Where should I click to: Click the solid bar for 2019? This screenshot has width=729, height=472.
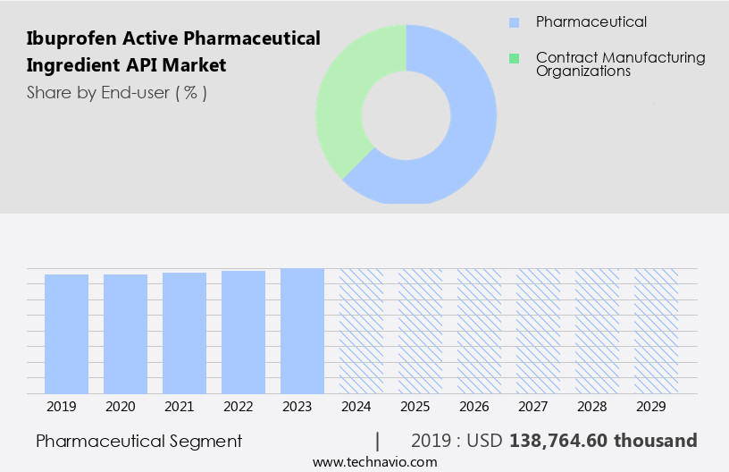point(66,333)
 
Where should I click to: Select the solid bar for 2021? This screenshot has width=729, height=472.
point(184,333)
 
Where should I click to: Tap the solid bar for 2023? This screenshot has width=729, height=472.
point(302,331)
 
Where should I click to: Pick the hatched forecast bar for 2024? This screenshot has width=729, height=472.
point(361,331)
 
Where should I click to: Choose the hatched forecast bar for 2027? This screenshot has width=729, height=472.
point(538,331)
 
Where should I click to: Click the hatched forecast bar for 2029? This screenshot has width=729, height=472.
point(656,331)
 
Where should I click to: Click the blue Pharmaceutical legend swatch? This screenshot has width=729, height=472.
point(514,22)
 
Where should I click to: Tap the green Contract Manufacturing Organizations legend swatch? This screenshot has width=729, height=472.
point(514,59)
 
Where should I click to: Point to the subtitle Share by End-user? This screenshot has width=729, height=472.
point(116,92)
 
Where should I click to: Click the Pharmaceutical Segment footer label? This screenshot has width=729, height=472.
point(138,441)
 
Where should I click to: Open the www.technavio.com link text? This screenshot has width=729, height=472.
point(374,461)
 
